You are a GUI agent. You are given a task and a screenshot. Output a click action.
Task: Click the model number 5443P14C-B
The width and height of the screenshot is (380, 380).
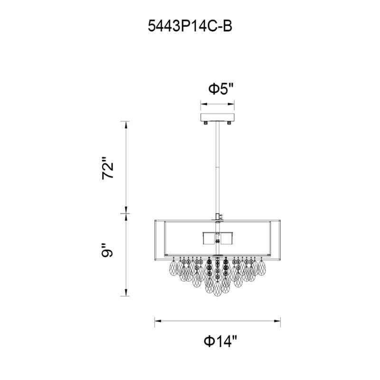point(190,26)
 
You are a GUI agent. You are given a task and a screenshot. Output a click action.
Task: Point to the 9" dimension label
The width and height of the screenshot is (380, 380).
point(108,250)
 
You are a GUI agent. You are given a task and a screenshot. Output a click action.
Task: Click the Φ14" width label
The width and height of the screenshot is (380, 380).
point(220,341)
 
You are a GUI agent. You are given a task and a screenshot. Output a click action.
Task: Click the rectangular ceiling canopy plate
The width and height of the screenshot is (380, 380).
point(218,117)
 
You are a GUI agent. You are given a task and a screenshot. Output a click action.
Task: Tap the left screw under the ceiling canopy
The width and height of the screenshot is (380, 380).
point(206,123)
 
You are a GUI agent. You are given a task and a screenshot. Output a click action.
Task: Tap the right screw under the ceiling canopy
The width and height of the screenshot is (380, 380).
point(229,123)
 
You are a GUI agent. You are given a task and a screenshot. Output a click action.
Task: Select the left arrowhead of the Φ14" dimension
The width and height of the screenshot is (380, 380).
point(158,321)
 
